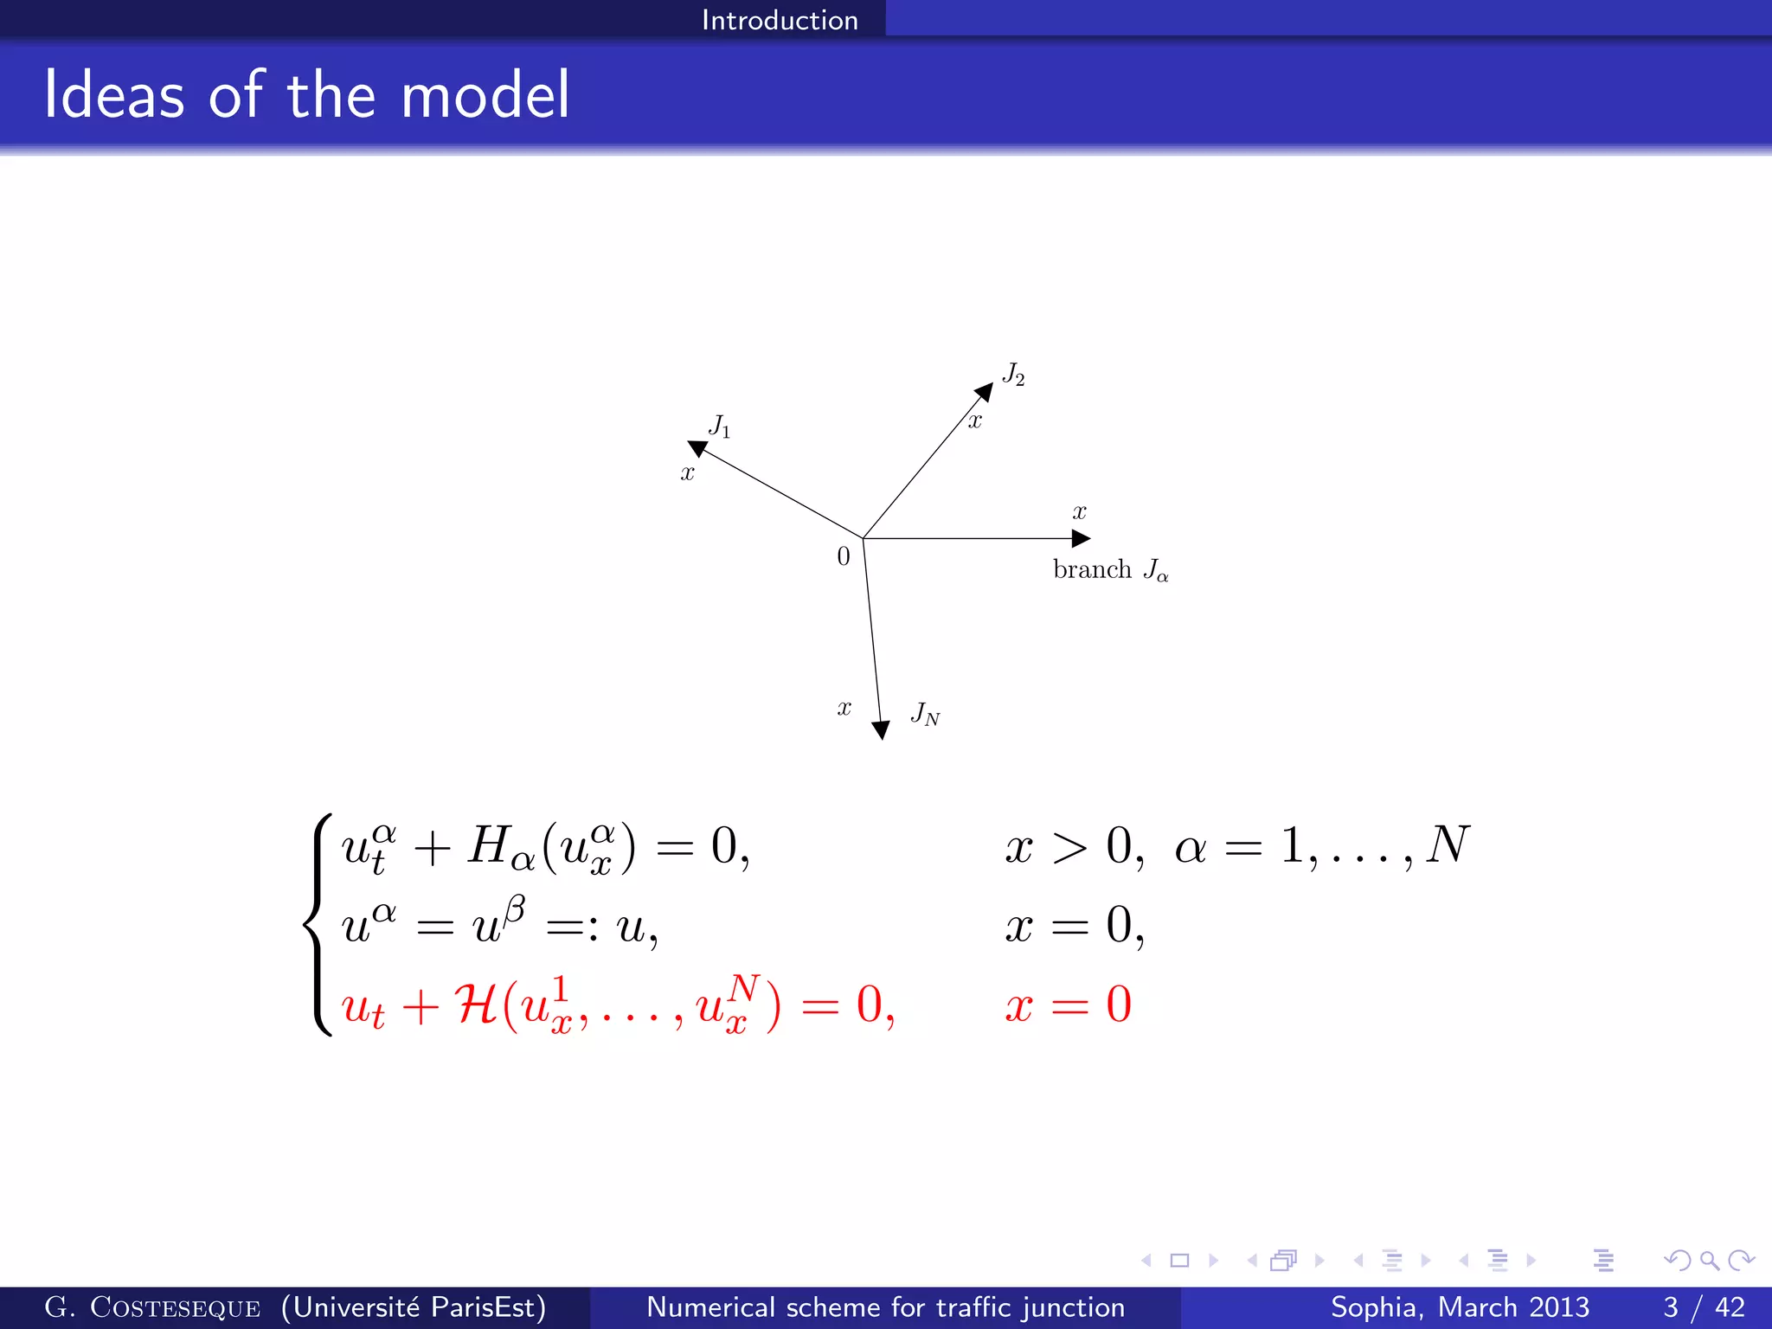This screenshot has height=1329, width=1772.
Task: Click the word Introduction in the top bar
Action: [x=780, y=19]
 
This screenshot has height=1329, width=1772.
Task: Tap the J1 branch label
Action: [x=719, y=426]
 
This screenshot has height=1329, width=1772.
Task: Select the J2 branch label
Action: [x=1013, y=374]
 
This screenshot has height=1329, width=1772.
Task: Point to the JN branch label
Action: [x=925, y=714]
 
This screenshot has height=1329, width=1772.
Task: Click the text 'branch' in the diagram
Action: [x=1092, y=569]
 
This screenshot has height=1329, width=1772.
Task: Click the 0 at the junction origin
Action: [x=844, y=556]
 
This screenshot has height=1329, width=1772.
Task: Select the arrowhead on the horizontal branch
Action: [x=1081, y=538]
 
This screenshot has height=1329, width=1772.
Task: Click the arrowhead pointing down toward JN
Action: [x=881, y=729]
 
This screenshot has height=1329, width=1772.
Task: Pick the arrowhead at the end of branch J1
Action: [x=697, y=448]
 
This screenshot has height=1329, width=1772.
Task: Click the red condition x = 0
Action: [x=1068, y=1005]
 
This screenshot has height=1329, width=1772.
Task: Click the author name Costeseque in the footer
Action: [x=175, y=1307]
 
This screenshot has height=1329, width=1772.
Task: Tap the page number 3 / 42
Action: [x=1703, y=1307]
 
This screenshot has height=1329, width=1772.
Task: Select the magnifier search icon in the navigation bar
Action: [x=1709, y=1261]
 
